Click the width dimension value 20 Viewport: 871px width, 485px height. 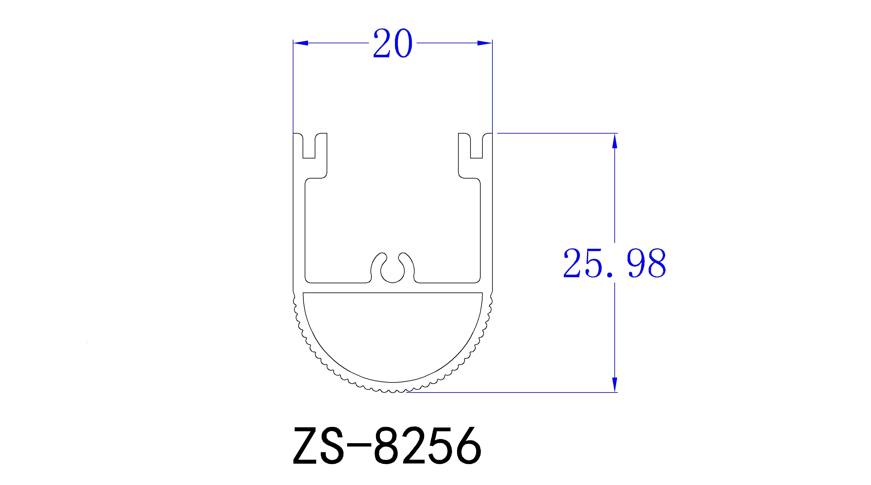click(x=393, y=44)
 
